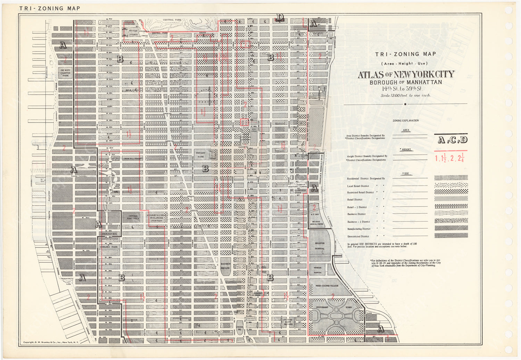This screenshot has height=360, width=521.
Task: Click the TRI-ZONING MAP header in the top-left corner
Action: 50,8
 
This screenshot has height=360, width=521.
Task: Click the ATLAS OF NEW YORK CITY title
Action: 406,75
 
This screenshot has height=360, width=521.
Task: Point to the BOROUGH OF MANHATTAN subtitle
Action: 406,82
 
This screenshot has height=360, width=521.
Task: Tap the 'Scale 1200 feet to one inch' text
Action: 406,95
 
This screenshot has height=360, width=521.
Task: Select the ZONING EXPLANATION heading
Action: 406,120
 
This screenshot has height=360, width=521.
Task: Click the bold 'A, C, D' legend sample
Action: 452,140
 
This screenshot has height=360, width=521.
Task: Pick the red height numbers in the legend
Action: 450,158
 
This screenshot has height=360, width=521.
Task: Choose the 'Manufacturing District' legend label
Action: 359,229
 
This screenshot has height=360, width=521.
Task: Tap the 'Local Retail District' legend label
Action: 358,186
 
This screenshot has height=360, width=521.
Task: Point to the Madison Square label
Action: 226,266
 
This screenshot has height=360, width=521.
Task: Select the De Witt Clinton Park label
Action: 65,72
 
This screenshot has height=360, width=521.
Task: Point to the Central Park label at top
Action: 168,20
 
